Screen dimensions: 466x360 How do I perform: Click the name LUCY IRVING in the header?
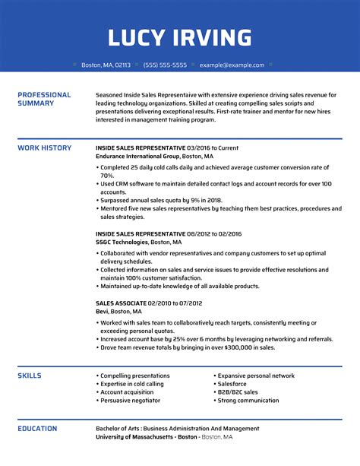180,37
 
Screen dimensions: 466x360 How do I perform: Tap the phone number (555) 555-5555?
164,65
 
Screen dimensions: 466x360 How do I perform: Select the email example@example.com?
232,65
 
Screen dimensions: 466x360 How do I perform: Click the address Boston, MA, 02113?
106,65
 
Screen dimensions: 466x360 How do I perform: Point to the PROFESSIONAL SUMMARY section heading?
44,99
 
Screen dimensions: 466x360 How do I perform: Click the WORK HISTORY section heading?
44,147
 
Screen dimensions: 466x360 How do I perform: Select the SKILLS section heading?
30,376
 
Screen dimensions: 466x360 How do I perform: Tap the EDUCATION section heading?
39,429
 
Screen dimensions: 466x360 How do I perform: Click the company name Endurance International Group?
142,156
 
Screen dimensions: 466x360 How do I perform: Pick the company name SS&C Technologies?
124,241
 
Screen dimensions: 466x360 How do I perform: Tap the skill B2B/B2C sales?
238,392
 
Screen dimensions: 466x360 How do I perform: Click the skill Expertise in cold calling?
131,384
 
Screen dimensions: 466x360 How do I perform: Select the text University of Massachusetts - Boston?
147,437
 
